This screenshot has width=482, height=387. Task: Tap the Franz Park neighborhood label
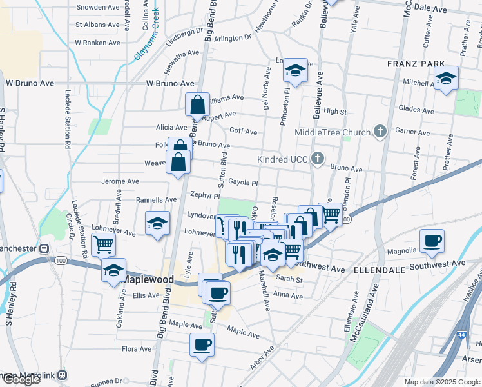tap(416, 63)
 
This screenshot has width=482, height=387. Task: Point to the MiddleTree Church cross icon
tap(380, 132)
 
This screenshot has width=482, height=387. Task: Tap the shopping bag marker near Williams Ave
tap(197, 103)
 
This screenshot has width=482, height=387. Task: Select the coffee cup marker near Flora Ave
tap(202, 344)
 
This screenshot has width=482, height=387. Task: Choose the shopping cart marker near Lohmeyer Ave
tap(103, 244)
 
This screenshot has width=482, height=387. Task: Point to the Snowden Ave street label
tap(98, 7)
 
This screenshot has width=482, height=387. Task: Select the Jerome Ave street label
tap(120, 182)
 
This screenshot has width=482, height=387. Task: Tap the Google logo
tap(21, 379)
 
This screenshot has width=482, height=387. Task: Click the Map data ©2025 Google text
tap(442, 382)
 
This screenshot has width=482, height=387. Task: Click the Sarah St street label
tap(289, 280)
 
